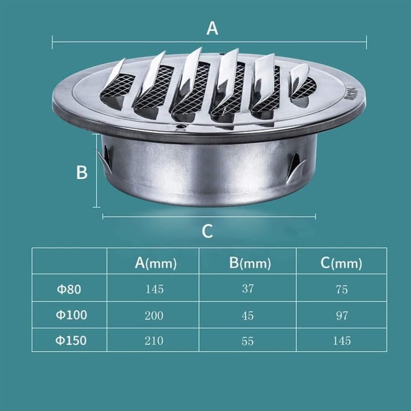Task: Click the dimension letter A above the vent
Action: pyautogui.click(x=212, y=28)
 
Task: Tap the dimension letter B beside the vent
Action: pyautogui.click(x=82, y=172)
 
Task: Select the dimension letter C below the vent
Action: pyautogui.click(x=207, y=231)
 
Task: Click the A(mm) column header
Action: pyautogui.click(x=156, y=263)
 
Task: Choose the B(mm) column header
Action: pyautogui.click(x=250, y=263)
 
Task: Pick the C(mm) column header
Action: pyautogui.click(x=341, y=263)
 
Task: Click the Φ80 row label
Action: pyautogui.click(x=69, y=289)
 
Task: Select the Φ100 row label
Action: pyautogui.click(x=71, y=314)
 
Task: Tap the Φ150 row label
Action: pyautogui.click(x=71, y=340)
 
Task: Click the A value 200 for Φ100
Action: pyautogui.click(x=154, y=315)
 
